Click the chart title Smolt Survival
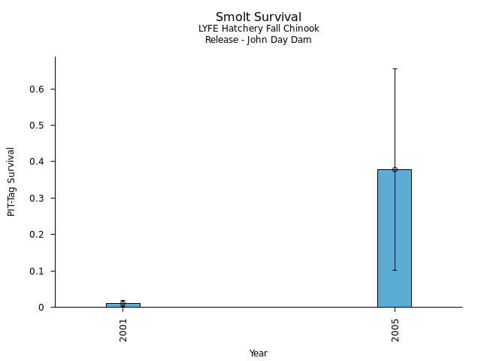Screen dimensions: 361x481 point(259,17)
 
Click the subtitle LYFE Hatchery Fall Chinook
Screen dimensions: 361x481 point(259,29)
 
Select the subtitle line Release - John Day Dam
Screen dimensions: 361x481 point(259,40)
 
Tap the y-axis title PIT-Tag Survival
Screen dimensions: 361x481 point(12,181)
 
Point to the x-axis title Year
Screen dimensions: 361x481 point(259,353)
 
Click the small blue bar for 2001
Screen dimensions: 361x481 point(123,305)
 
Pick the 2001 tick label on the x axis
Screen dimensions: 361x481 point(123,329)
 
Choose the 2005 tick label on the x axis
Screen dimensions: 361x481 point(395,329)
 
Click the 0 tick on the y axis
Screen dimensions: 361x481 point(45,308)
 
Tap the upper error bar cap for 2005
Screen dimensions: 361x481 point(395,68)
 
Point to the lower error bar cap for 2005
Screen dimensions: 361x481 point(395,270)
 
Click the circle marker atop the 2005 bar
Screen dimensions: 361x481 point(395,169)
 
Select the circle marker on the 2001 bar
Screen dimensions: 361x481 point(123,303)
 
